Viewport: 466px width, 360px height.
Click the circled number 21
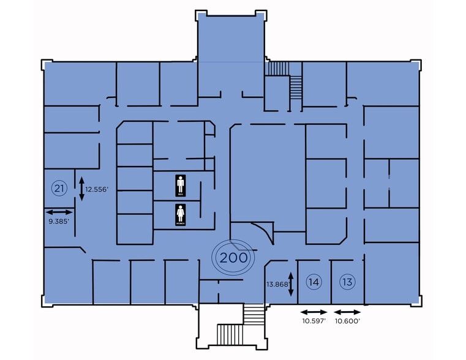59,188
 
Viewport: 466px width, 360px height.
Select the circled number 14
314,282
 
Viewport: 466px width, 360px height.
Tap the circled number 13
347,282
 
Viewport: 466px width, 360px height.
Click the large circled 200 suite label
233,258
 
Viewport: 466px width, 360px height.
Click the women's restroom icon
181,215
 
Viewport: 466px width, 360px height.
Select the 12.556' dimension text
97,190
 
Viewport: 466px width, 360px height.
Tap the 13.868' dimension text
277,284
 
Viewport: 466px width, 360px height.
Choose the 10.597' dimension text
314,320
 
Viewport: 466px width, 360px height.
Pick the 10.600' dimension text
347,320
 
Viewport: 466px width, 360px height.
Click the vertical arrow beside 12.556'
82,188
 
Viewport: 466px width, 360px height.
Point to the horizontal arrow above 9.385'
59,211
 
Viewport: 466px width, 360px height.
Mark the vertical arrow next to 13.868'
291,283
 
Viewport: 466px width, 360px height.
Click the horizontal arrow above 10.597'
314,311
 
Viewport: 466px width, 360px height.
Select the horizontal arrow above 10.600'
347,311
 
